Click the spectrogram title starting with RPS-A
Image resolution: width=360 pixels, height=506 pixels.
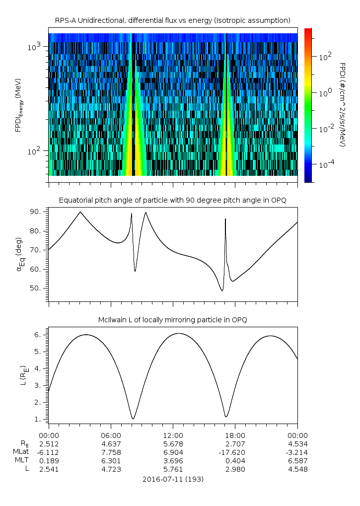[x=173, y=20]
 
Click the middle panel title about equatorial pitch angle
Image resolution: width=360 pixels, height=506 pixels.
[x=173, y=200]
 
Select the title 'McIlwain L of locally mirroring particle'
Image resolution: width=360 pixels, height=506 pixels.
[x=173, y=319]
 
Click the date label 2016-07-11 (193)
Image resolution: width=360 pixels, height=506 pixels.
[x=173, y=479]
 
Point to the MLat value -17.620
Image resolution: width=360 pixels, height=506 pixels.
[x=235, y=452]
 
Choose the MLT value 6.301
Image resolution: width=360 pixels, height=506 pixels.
[x=111, y=461]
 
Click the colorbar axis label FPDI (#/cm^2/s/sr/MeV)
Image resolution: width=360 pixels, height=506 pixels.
[x=342, y=104]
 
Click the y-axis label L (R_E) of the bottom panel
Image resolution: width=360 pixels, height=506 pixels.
[x=22, y=376]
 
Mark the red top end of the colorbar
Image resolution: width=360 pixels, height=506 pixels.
[x=308, y=31]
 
